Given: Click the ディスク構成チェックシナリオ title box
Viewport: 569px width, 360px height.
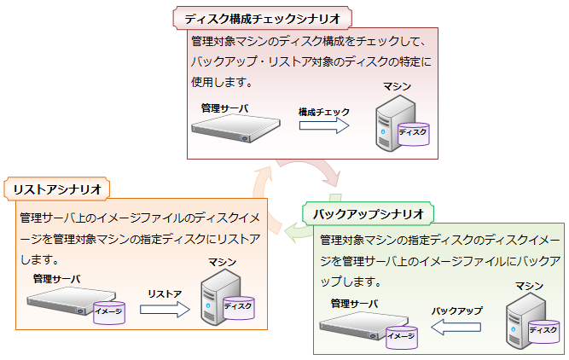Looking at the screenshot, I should (x=263, y=18).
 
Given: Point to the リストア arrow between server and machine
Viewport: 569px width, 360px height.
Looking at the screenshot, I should (x=165, y=308).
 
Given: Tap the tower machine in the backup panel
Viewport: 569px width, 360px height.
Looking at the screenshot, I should (x=524, y=317).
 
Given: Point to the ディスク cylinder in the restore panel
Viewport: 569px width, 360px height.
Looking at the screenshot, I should (x=238, y=305).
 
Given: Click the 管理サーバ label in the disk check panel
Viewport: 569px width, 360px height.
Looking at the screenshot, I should (x=224, y=108).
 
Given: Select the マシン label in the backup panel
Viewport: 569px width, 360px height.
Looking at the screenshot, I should (x=530, y=286).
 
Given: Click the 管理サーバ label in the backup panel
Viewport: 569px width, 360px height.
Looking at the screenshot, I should (x=354, y=303).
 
